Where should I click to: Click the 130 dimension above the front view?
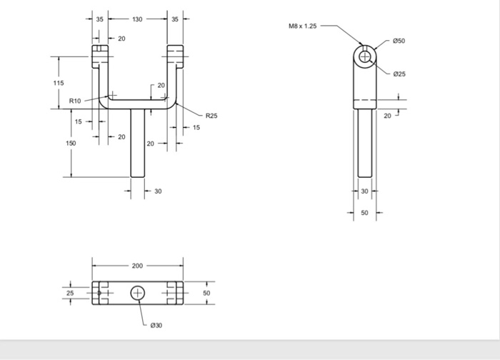pos(136,19)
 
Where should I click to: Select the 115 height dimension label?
pos(59,83)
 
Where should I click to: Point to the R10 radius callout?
pos(75,101)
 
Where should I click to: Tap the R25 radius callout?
pos(211,115)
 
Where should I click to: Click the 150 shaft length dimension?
pos(71,143)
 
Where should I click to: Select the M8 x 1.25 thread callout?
pos(302,26)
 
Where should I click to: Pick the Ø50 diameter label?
pos(399,41)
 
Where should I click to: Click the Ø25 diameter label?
pos(399,74)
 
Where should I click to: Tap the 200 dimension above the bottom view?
pos(137,265)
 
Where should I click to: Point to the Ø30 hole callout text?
pos(156,325)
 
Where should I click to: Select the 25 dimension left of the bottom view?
pos(70,293)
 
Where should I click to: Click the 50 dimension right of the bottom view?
pos(206,293)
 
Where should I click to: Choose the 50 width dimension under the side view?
pos(364,213)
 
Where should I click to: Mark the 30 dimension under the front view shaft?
pos(158,191)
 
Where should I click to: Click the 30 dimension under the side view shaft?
pos(364,191)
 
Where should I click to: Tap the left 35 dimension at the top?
pos(100,19)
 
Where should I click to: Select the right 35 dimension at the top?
pos(175,19)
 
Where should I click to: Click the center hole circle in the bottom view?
pos(138,293)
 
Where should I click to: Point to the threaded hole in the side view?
pos(365,56)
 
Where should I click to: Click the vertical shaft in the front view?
pos(138,143)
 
